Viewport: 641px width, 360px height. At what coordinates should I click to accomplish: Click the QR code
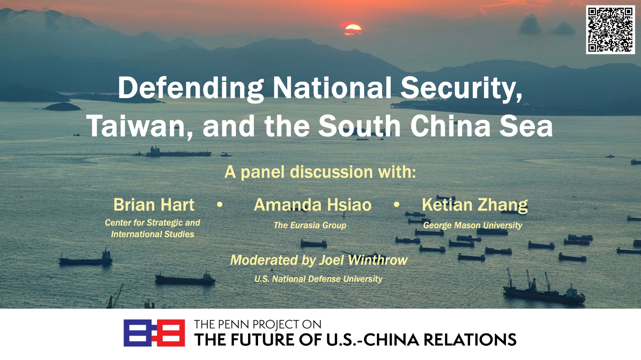point(611,29)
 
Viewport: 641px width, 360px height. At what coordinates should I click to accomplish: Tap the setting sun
point(353,29)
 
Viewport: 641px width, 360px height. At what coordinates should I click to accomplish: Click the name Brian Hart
point(154,205)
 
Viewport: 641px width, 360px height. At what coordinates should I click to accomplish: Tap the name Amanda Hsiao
point(312,205)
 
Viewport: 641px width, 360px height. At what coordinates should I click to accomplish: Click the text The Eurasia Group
point(310,225)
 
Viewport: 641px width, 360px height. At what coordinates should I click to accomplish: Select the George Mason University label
point(473,225)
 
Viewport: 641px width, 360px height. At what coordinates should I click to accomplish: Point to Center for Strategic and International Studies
point(153,228)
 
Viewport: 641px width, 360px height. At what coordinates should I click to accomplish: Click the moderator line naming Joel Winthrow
point(319,260)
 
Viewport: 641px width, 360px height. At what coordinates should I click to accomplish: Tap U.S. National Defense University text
point(318,279)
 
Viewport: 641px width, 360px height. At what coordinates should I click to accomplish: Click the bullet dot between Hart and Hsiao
point(220,204)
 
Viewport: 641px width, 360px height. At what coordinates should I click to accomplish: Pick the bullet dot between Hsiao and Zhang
point(397,204)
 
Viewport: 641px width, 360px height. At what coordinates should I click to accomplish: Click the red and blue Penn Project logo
point(154,333)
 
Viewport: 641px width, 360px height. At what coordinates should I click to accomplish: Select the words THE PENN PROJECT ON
point(257,324)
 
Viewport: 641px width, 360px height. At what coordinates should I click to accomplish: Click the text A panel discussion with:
point(320,172)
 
